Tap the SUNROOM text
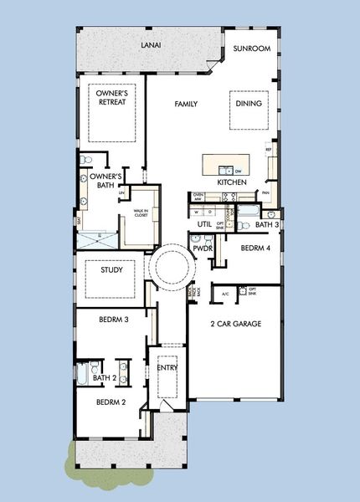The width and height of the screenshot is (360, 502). pyautogui.click(x=251, y=49)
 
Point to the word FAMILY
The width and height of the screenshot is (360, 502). pyautogui.click(x=186, y=105)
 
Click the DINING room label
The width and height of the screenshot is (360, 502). pyautogui.click(x=249, y=104)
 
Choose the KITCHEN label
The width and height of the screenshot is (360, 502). pyautogui.click(x=231, y=182)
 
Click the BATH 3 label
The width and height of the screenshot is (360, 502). pyautogui.click(x=267, y=224)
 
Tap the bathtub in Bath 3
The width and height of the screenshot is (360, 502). pyautogui.click(x=249, y=211)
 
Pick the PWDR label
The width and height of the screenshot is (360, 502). pyautogui.click(x=202, y=248)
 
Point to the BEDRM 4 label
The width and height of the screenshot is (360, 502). pyautogui.click(x=256, y=248)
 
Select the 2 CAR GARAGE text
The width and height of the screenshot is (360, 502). pyautogui.click(x=236, y=323)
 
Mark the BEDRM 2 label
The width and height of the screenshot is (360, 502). pyautogui.click(x=111, y=402)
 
